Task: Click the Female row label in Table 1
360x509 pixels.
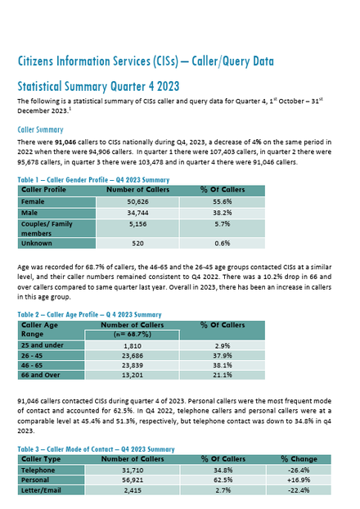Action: pyautogui.click(x=33, y=201)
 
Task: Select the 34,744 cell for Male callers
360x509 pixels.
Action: pyautogui.click(x=137, y=213)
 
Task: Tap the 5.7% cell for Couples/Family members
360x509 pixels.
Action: pyautogui.click(x=223, y=224)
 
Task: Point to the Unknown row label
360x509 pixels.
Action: pyautogui.click(x=36, y=243)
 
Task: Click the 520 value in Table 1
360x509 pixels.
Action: pyautogui.click(x=137, y=243)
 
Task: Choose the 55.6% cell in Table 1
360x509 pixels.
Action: pyautogui.click(x=223, y=201)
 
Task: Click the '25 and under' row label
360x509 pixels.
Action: pyautogui.click(x=43, y=345)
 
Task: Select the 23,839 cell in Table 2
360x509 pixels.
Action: pyautogui.click(x=133, y=365)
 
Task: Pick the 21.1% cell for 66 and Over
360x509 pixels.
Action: pyautogui.click(x=223, y=375)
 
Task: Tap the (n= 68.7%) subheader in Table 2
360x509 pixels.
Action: pyautogui.click(x=133, y=335)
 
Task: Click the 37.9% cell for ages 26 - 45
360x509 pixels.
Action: pyautogui.click(x=223, y=355)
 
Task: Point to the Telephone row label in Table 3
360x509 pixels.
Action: pyautogui.click(x=38, y=470)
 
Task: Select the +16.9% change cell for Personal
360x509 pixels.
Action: pyautogui.click(x=299, y=480)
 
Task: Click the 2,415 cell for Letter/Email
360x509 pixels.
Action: pyautogui.click(x=133, y=490)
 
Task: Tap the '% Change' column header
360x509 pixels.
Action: pyautogui.click(x=299, y=459)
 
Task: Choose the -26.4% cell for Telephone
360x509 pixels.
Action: pyautogui.click(x=299, y=470)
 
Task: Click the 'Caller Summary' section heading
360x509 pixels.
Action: pyautogui.click(x=40, y=129)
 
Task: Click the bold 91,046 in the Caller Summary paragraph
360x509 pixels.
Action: pyautogui.click(x=65, y=142)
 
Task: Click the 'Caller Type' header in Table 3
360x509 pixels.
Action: pyautogui.click(x=41, y=459)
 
